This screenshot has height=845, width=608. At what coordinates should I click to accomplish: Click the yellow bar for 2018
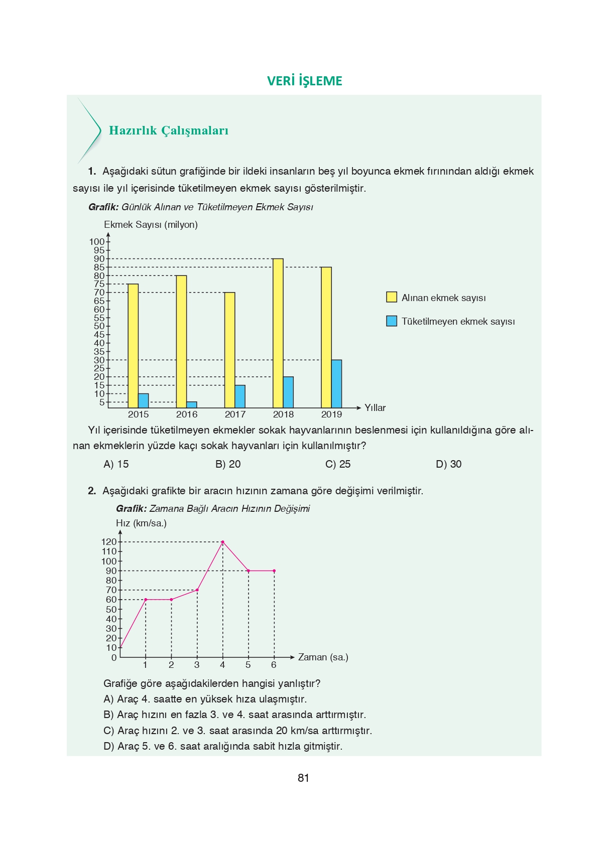[278, 333]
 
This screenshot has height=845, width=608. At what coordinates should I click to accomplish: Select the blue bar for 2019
[336, 384]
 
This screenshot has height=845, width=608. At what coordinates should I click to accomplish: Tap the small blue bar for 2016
[191, 405]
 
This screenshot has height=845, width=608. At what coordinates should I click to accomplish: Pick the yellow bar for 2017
[229, 350]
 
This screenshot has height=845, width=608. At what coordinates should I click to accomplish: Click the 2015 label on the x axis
[138, 414]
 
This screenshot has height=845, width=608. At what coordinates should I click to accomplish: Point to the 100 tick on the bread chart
[97, 242]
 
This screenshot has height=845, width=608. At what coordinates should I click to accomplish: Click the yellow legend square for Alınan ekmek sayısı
[391, 297]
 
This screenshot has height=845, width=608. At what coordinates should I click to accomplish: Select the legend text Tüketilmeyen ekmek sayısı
[458, 322]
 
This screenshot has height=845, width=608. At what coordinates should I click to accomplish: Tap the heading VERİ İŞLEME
[304, 81]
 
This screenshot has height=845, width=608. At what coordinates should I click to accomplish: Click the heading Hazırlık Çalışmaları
[168, 130]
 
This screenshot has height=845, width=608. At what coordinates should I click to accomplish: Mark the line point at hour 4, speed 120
[222, 542]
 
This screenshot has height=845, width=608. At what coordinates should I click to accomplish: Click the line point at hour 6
[274, 571]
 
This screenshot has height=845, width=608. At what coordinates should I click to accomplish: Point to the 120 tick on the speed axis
[108, 542]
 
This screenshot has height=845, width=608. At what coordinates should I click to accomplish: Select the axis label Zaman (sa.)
[323, 657]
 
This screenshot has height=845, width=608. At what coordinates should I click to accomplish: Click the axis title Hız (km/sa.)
[141, 523]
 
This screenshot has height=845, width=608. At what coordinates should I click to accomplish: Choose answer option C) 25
[338, 464]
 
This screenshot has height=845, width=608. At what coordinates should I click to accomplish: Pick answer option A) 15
[116, 464]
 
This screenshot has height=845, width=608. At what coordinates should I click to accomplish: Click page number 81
[303, 778]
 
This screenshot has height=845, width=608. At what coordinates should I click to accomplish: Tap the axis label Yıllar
[375, 408]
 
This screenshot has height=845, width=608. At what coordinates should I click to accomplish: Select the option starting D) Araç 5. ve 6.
[222, 746]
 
